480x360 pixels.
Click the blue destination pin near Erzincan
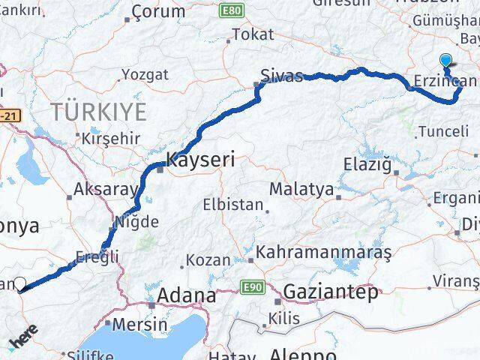(447, 61)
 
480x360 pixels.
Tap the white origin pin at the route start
(21, 283)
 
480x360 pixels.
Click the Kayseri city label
(200, 160)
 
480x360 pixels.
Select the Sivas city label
(282, 76)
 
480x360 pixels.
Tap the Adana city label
(184, 295)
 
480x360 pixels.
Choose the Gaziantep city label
(331, 292)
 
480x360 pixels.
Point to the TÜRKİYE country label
(97, 112)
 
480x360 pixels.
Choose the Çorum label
(157, 11)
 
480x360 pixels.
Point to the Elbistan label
(233, 205)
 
